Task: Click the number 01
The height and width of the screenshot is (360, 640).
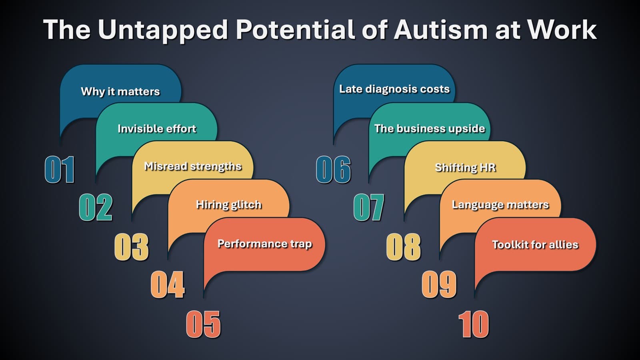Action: (60, 170)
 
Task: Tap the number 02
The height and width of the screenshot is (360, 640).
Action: (96, 207)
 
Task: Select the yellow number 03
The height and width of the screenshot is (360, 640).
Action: (132, 247)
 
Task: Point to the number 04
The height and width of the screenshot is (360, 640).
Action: (168, 284)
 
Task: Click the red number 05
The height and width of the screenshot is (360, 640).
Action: (203, 324)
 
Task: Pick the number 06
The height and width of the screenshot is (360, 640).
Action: (333, 170)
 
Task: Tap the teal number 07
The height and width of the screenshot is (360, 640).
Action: (369, 207)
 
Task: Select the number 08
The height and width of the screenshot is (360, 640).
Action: (403, 247)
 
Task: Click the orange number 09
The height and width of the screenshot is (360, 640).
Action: (439, 284)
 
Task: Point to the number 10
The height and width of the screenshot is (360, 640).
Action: (474, 324)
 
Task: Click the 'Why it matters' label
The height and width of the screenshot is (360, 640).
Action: (120, 92)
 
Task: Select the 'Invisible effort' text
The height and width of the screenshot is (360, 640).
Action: (157, 128)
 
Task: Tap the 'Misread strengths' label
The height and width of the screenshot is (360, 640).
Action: (193, 166)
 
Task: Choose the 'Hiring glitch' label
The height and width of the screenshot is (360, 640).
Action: (229, 204)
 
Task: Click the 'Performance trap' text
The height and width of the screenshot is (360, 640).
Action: (264, 244)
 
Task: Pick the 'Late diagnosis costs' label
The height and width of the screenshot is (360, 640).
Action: (394, 89)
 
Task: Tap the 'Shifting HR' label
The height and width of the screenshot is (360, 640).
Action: (465, 167)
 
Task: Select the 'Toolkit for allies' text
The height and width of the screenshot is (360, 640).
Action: (535, 244)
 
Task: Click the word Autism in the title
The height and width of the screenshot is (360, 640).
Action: (441, 29)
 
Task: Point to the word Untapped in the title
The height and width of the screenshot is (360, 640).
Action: (163, 30)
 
